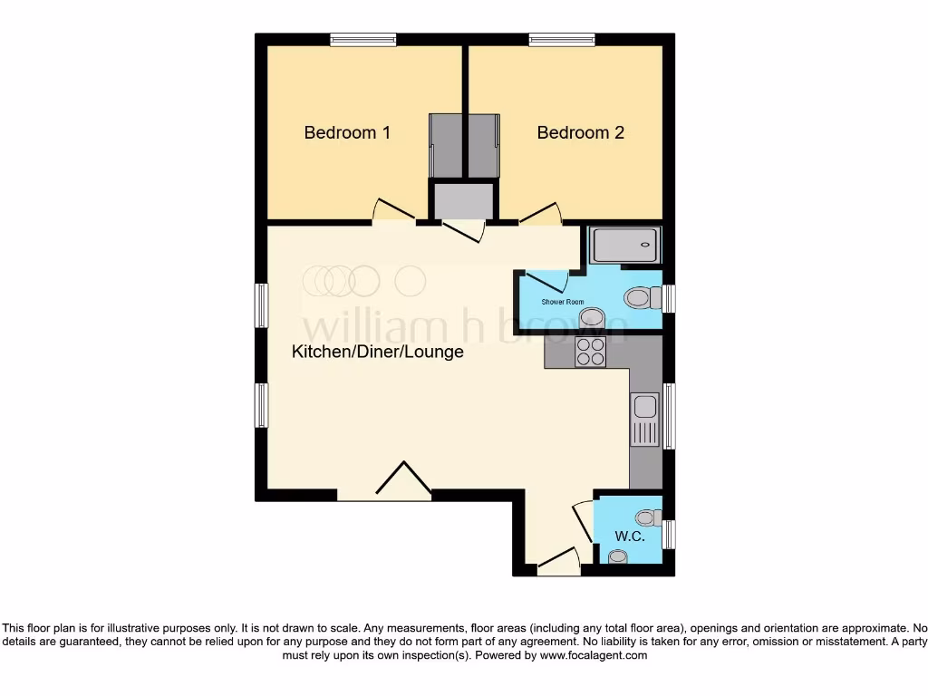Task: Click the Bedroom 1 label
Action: point(347,133)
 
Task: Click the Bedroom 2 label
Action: point(580,133)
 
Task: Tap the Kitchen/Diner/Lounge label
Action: point(377,352)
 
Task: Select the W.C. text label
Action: point(630,536)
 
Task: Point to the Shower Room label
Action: point(562,302)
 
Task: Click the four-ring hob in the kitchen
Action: point(591,352)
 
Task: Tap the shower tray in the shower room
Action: point(625,245)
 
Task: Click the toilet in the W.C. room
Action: point(647,517)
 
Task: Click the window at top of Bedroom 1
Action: point(362,39)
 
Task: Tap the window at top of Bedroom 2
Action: point(562,39)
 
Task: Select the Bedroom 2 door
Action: point(540,214)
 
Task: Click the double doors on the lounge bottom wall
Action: point(403,479)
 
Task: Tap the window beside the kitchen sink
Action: point(670,416)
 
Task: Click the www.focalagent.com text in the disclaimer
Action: point(593,655)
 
